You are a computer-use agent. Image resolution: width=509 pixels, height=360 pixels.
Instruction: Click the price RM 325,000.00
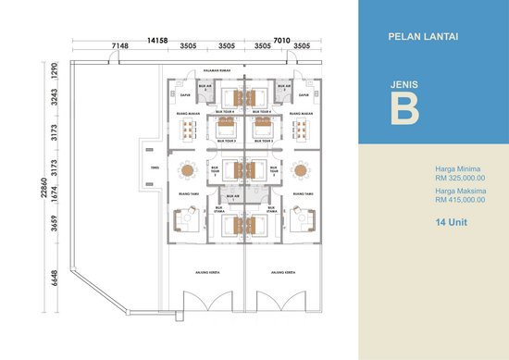click(460, 179)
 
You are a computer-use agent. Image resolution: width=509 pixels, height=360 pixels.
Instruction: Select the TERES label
click(155, 169)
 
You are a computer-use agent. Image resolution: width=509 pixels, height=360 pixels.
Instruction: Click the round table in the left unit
click(188, 170)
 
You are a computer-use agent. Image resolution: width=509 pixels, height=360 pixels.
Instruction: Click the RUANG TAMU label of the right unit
click(302, 194)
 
